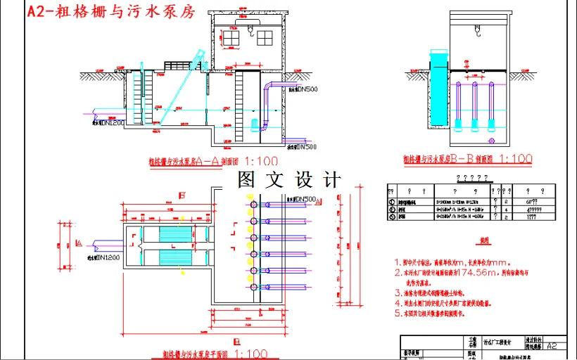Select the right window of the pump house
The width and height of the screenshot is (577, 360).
coord(264,35)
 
